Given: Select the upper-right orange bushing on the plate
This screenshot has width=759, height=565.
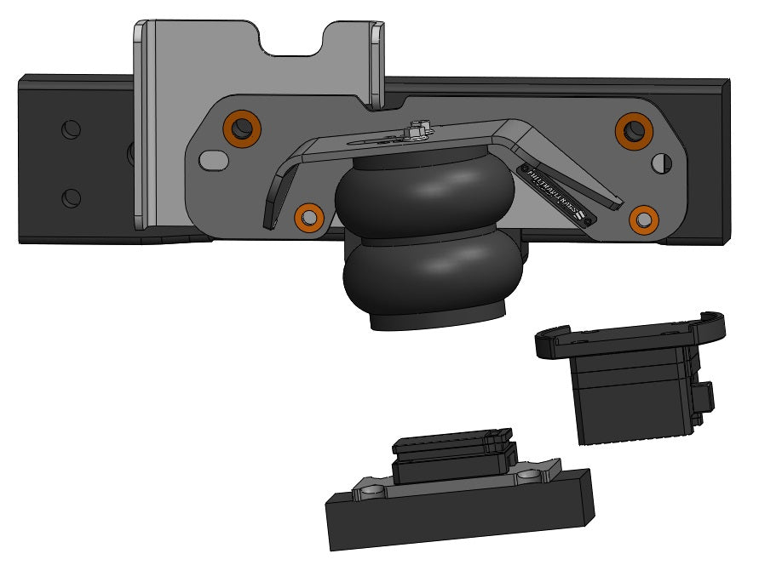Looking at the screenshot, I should point(634,129).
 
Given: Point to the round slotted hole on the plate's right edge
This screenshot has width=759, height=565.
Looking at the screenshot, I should point(661,161).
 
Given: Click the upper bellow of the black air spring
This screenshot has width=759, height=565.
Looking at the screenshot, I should point(425,195).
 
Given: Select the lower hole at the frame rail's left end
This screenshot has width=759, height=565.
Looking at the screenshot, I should point(72,197).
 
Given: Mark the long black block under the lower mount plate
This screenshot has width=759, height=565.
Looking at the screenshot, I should point(460,511).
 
